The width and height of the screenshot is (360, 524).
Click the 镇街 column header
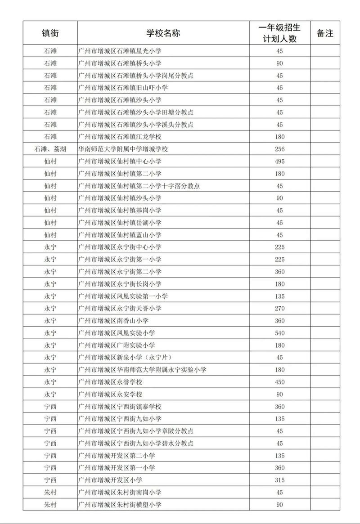point(50,33)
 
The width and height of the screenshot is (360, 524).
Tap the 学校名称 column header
point(163,33)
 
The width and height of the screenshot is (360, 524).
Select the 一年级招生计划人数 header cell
point(279,33)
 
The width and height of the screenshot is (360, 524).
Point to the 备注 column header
point(325,33)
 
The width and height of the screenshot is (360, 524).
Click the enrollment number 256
point(279,149)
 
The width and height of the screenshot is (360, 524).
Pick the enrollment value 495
point(279,161)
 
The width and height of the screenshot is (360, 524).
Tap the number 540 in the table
point(279,333)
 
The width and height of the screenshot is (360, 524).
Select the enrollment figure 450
point(279,382)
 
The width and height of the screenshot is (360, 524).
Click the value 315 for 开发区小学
point(279,480)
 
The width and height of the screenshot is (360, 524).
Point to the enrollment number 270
point(279,309)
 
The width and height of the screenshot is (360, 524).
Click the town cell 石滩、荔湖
point(50,149)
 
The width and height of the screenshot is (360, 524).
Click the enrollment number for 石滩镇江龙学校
point(279,137)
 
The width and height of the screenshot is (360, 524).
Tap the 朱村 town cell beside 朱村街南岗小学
point(50,493)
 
